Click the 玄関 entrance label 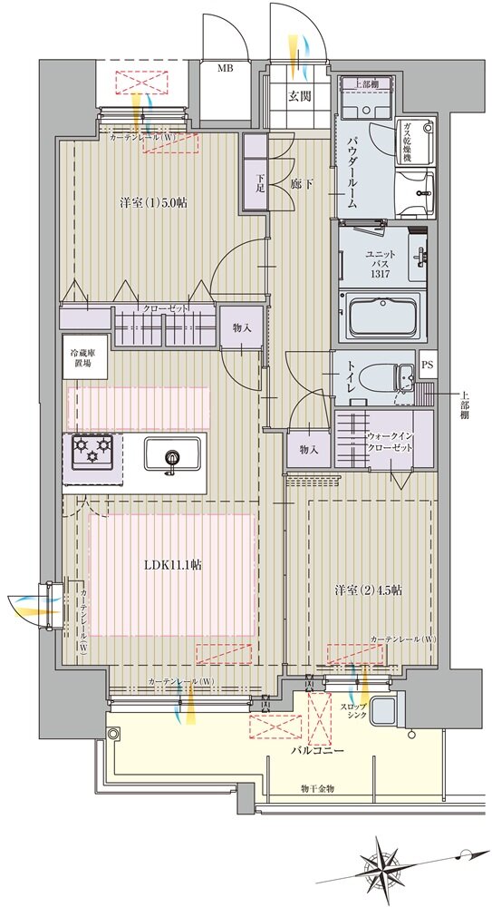point(301,96)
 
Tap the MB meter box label point(226,68)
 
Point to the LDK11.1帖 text point(173,566)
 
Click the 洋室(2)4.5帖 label point(369,590)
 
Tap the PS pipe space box point(428,365)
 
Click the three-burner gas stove point(92,450)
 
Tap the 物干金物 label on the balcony point(317,788)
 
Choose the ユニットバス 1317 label point(381,264)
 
